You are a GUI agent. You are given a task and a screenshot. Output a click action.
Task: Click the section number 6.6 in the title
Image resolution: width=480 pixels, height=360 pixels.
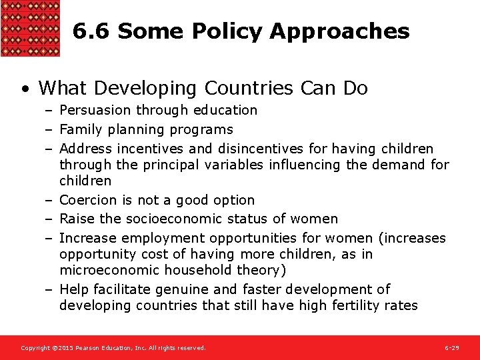pos(92,31)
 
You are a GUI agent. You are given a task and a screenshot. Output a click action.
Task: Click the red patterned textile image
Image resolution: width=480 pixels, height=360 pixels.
pos(30,28)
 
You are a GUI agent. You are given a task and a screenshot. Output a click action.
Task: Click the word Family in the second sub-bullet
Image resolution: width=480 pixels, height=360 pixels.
pos(78,129)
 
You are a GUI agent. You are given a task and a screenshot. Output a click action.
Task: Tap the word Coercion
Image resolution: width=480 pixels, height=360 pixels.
pos(87,200)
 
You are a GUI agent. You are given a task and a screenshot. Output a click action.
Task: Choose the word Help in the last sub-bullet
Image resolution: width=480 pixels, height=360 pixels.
pos(73,289)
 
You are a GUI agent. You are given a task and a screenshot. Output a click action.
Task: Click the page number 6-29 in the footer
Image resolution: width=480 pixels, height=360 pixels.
pos(451,348)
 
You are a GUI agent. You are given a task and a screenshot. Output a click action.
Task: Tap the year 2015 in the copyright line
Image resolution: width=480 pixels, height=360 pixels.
pos(63,348)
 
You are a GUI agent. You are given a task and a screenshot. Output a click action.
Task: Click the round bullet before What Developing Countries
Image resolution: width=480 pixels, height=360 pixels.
pos(25,89)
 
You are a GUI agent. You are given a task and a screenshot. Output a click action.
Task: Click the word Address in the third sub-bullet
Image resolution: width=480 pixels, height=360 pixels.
pos(85,149)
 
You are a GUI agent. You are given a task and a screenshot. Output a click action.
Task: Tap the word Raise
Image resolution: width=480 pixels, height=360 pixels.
pos(76,219)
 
